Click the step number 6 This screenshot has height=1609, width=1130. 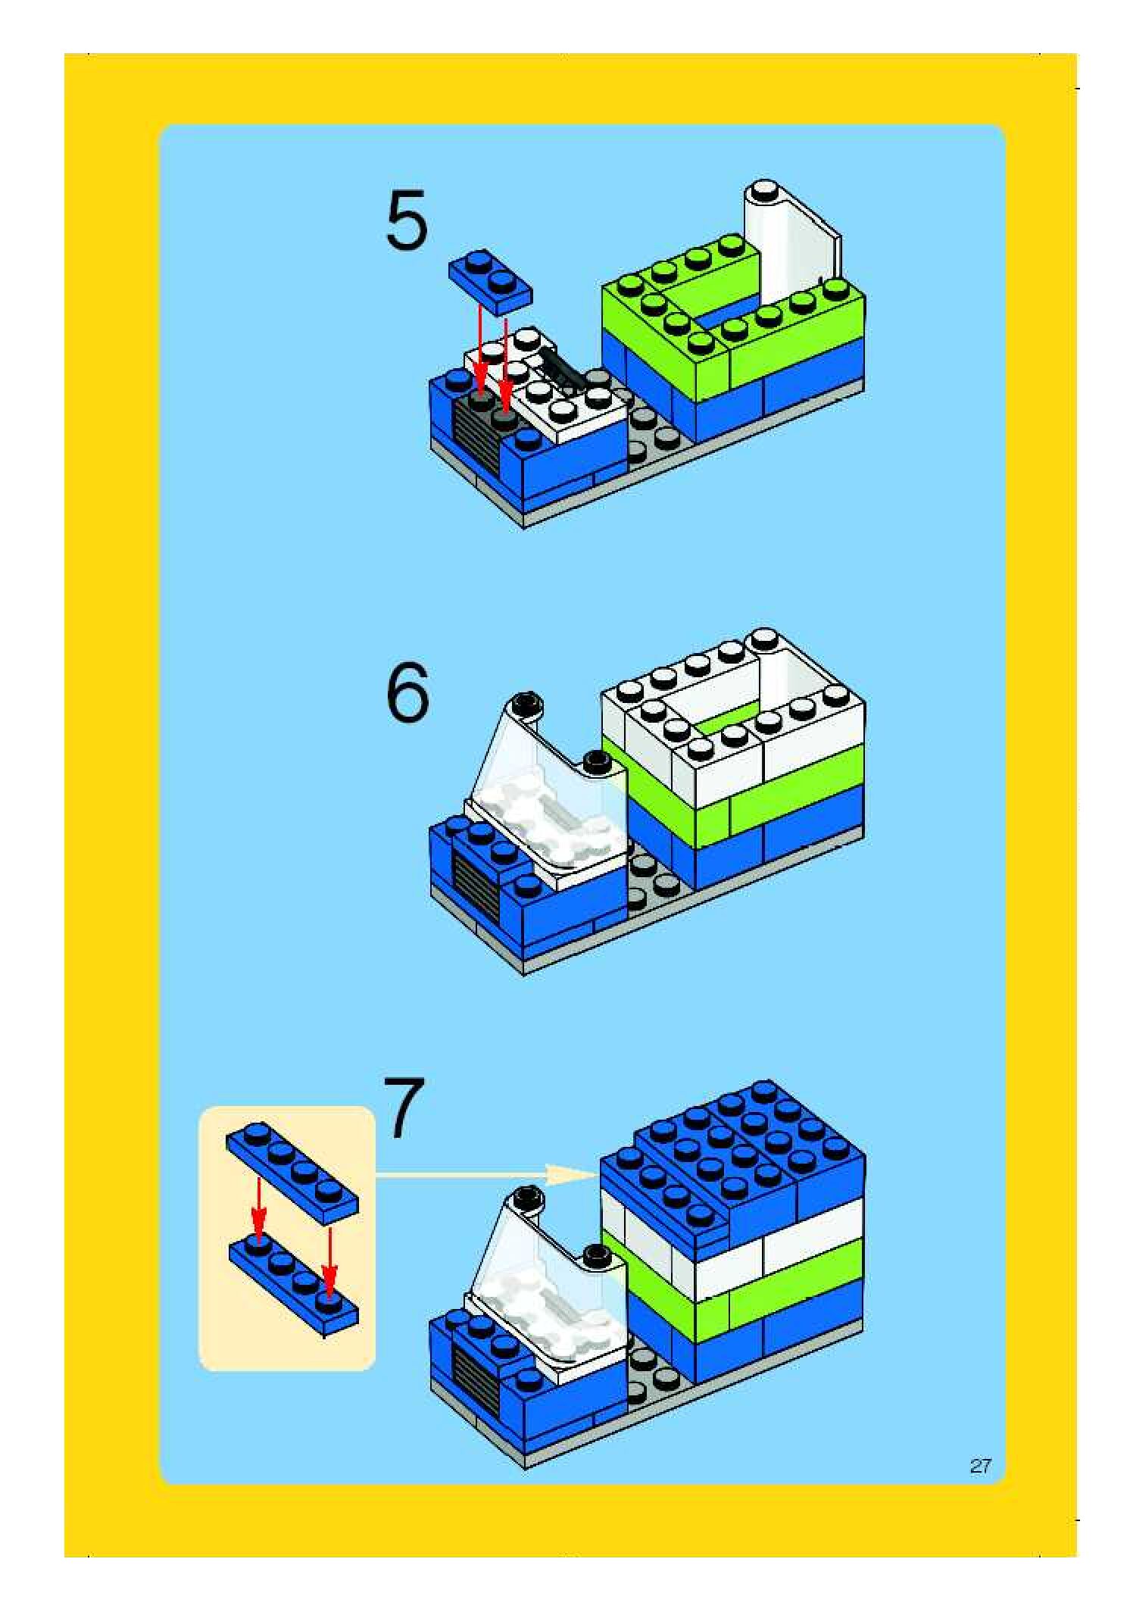407,692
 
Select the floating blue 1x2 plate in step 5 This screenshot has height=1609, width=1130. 491,281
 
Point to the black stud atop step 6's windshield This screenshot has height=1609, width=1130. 523,704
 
